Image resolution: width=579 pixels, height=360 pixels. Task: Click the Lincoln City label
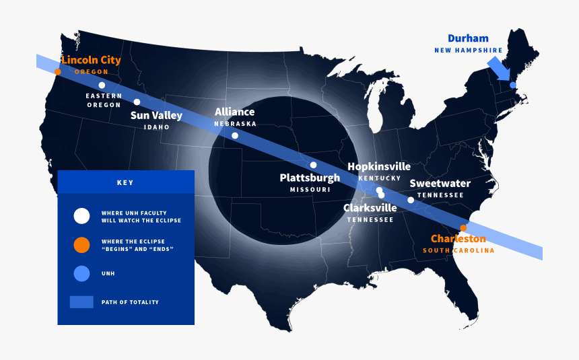coord(91,60)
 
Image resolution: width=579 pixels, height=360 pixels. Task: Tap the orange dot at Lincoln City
coord(58,71)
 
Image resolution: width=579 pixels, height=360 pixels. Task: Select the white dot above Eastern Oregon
coord(102,85)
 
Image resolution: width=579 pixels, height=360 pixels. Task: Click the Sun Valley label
coord(156,116)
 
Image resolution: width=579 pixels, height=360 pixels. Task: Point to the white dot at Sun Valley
coord(137,102)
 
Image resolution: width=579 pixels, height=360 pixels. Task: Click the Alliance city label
coord(235,112)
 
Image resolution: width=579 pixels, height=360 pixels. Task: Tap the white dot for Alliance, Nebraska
coord(235,135)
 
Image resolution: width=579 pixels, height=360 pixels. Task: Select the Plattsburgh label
coord(310,178)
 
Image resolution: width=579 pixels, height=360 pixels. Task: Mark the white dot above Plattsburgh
coord(313,165)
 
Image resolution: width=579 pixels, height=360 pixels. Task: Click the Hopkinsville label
coord(379,166)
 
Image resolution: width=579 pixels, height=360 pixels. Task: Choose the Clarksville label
coord(370,208)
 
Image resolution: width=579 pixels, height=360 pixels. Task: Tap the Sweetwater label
coord(440,183)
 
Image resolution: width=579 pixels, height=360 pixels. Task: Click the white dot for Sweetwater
coord(411,200)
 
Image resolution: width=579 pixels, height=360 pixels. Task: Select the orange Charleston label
coord(458,239)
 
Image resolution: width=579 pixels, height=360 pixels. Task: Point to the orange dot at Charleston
coord(463,227)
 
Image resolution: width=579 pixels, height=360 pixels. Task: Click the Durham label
coord(468,38)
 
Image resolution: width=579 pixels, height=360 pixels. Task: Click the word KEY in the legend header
coord(125,182)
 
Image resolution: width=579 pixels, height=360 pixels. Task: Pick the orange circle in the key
coord(81,245)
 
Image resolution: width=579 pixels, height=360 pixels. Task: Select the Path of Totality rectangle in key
coord(81,302)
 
